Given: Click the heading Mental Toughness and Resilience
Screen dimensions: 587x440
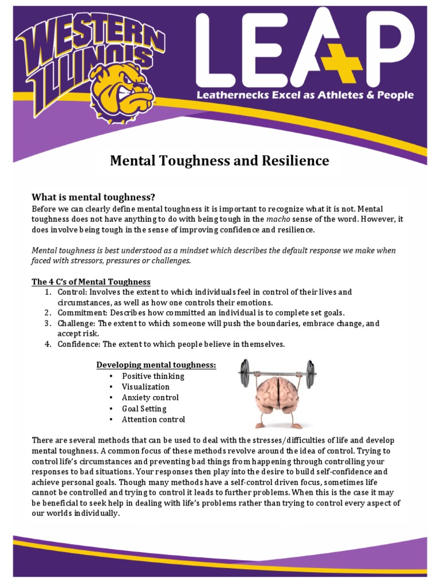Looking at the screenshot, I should coord(219,161).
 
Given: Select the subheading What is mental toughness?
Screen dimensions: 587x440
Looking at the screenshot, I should coord(93,197).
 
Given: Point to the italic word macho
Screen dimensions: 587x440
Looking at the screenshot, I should coord(279,219).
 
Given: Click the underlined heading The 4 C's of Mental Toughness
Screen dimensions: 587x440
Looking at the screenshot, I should coord(91,281).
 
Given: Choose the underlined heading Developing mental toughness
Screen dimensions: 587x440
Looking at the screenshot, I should coord(156,365).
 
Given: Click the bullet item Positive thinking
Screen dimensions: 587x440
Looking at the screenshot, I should coord(153,376).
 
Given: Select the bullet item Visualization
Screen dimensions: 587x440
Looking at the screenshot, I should coord(146,387).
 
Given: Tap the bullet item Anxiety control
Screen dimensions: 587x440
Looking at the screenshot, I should coord(150,398).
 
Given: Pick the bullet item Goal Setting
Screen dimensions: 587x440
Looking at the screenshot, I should coord(144,409).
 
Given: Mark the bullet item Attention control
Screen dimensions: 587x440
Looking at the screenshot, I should coord(154,420).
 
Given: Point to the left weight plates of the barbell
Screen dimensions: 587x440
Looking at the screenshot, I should coord(245,373).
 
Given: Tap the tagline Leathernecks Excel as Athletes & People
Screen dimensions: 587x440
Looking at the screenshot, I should coord(304,95).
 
